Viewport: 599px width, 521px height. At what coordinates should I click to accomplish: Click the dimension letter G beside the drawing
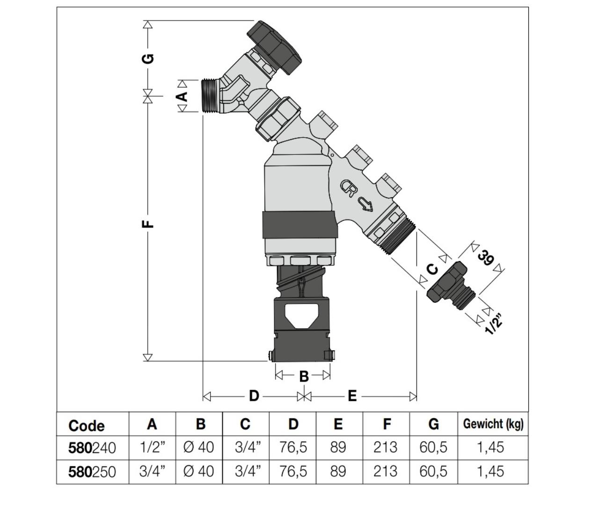coord(148,59)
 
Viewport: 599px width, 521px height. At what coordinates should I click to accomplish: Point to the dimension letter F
coord(147,224)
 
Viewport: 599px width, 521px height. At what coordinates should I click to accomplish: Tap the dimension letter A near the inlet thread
coord(182,96)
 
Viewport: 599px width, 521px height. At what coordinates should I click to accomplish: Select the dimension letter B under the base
coord(303,376)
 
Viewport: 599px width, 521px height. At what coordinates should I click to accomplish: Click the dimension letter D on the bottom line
coord(254,396)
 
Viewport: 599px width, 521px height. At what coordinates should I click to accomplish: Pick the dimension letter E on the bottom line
coord(352,396)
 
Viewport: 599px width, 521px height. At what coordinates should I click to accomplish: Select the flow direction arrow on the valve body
coord(365,203)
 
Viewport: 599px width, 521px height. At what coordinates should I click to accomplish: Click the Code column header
coord(87,426)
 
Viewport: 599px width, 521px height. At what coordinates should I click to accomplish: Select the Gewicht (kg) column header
coord(493,424)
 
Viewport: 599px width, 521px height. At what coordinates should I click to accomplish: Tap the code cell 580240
coord(92,448)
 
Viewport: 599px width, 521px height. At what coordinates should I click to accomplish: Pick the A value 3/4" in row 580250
coord(153,471)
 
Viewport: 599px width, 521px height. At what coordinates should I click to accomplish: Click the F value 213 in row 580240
coord(385,448)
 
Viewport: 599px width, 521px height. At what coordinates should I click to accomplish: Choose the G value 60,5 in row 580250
coord(433,471)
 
